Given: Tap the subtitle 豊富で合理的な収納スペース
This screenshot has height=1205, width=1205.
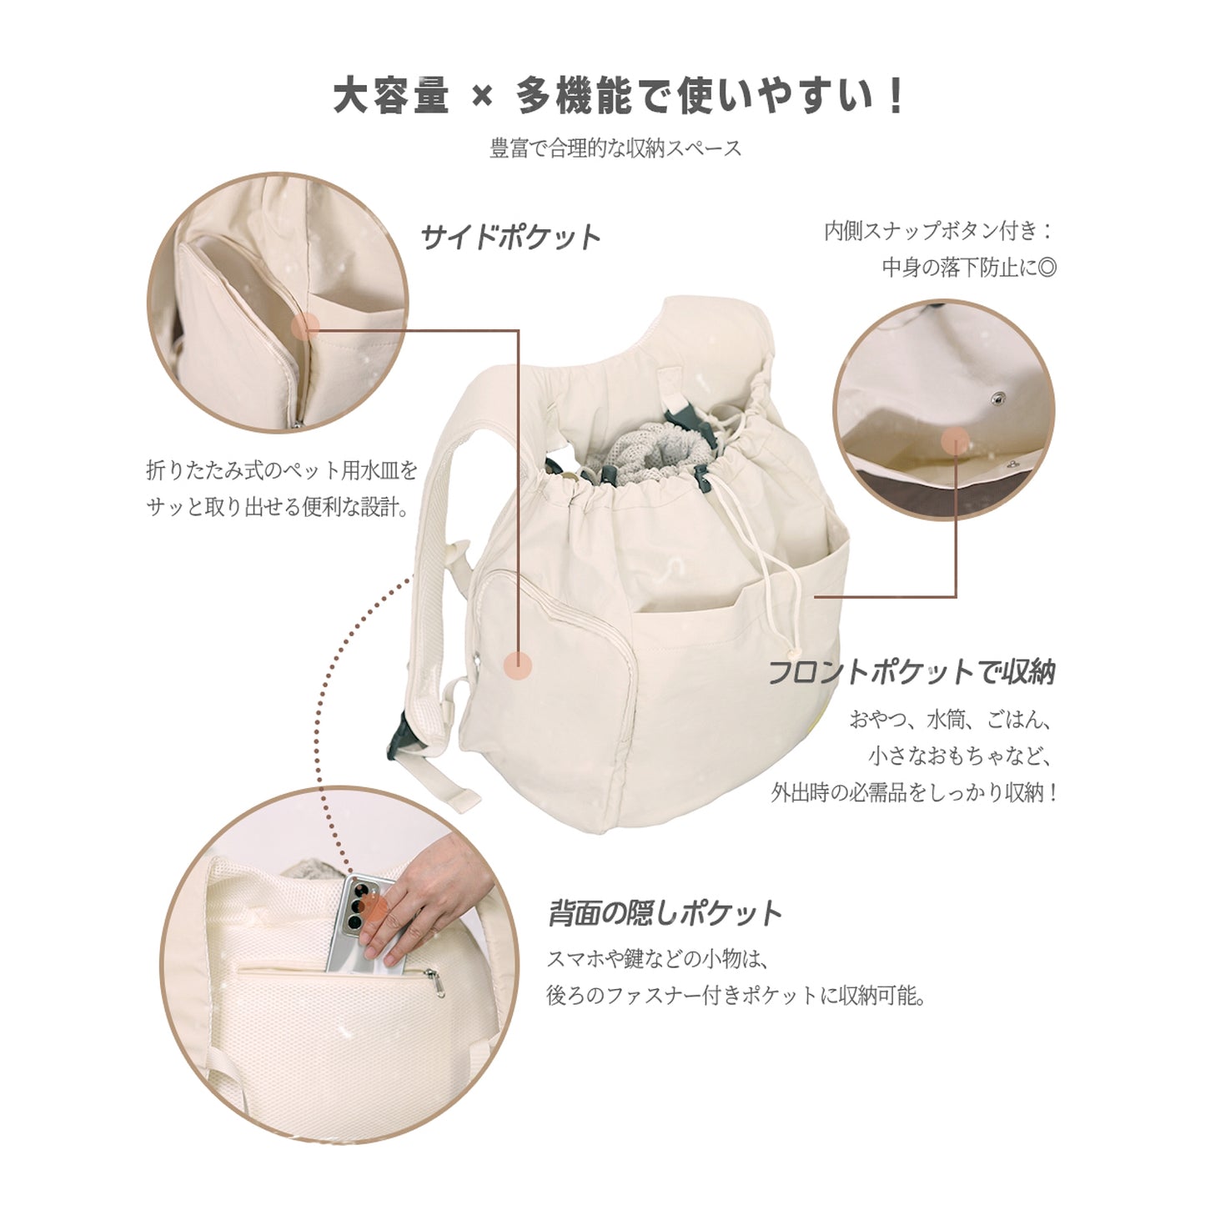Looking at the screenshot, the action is [x=615, y=148].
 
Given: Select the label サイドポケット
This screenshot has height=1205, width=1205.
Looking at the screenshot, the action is [x=510, y=238].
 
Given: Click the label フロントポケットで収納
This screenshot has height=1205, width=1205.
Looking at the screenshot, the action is [x=911, y=672].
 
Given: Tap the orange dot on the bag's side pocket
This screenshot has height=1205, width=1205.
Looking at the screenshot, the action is [x=517, y=665].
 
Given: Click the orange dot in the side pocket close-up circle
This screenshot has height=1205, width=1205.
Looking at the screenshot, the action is [x=305, y=325].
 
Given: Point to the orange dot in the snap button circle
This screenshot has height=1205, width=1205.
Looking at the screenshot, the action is [x=955, y=441].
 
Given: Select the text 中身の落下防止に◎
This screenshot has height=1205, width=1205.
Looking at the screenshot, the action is [x=969, y=268].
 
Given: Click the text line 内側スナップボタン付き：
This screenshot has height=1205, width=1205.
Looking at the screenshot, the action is [x=939, y=231].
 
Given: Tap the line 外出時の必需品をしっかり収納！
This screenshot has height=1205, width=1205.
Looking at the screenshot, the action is [x=914, y=793].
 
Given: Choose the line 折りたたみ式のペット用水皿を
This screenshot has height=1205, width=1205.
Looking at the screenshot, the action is [x=281, y=469].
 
